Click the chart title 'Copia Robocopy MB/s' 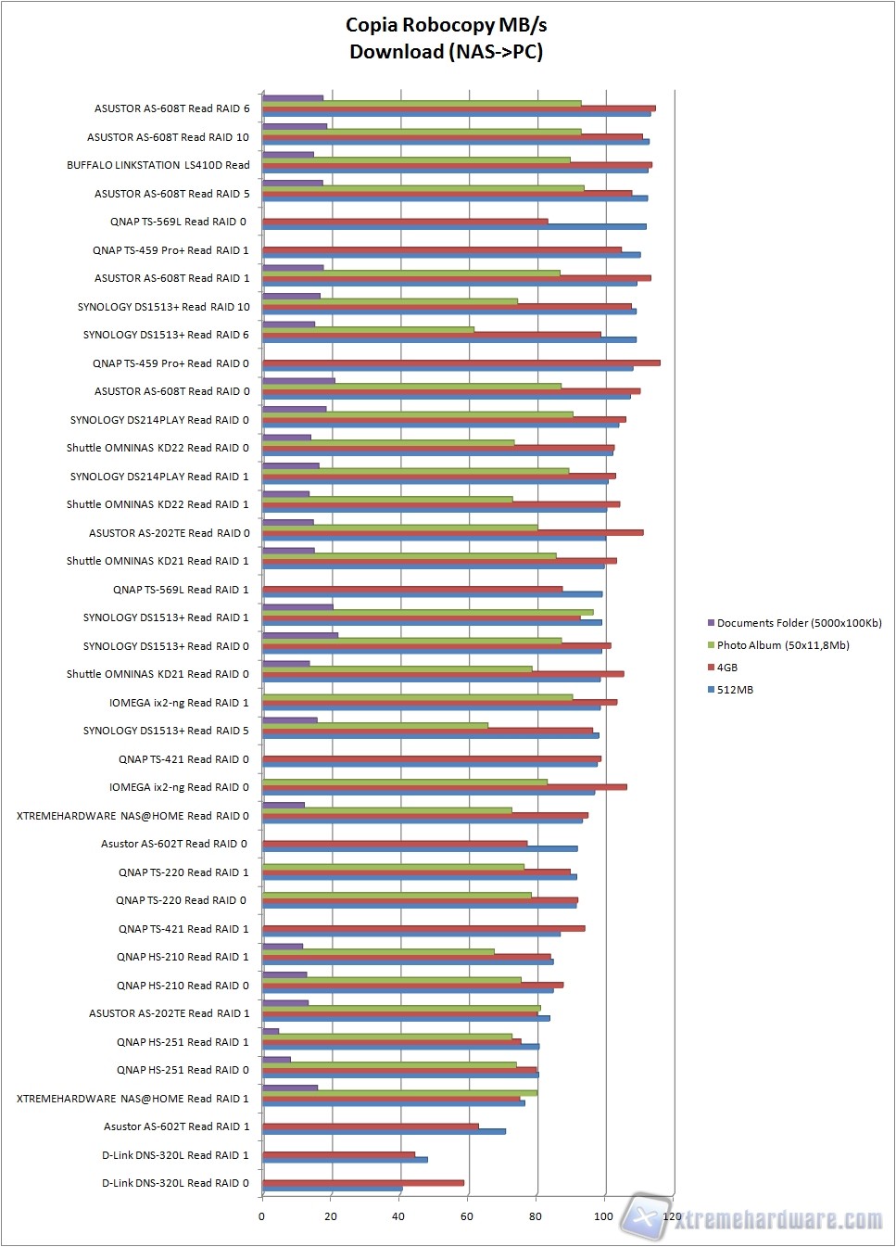pyautogui.click(x=446, y=25)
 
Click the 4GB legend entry pyautogui.click(x=726, y=668)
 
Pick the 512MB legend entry pyautogui.click(x=734, y=690)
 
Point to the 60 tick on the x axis pyautogui.click(x=466, y=1216)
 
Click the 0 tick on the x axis pyautogui.click(x=261, y=1216)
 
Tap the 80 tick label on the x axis pyautogui.click(x=535, y=1216)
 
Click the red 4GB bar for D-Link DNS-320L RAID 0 pyautogui.click(x=362, y=1183)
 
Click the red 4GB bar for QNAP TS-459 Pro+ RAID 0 pyautogui.click(x=461, y=363)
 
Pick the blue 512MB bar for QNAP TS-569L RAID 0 pyautogui.click(x=454, y=226)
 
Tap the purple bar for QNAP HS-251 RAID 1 pyautogui.click(x=271, y=1031)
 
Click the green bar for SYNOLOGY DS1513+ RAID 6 pyautogui.click(x=368, y=329)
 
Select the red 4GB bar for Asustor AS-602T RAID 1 pyautogui.click(x=370, y=1126)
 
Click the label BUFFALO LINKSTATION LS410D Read pyautogui.click(x=158, y=165)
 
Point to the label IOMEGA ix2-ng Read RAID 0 pyautogui.click(x=179, y=787)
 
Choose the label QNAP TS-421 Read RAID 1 pyautogui.click(x=183, y=929)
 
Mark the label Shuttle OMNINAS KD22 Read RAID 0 pyautogui.click(x=158, y=448)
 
